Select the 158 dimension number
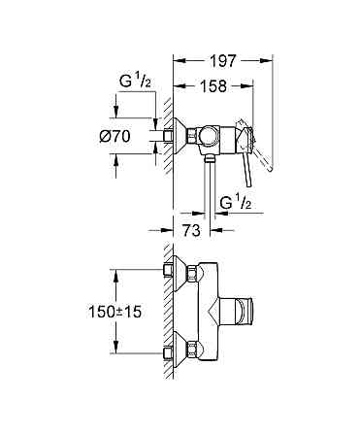(213, 86)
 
